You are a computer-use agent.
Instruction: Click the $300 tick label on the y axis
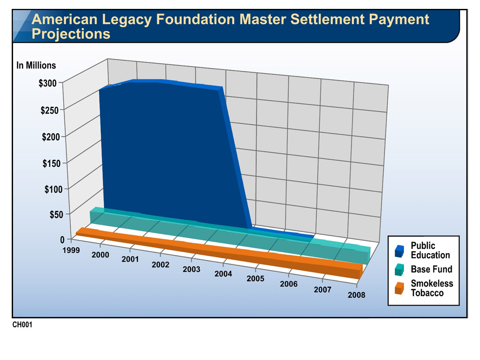pos(47,83)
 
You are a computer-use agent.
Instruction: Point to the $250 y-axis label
pos(49,110)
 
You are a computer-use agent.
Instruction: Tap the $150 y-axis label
pos(52,163)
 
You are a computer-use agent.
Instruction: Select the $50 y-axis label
pos(56,214)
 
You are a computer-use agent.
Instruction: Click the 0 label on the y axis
pos(62,240)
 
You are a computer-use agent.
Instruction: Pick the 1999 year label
pos(71,250)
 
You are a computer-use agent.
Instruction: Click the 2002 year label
pos(160,264)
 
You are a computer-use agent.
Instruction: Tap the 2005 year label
pos(255,278)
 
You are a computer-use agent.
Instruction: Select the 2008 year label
pos(356,295)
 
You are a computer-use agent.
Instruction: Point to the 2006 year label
pos(289,284)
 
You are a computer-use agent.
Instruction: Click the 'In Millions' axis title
pos(36,65)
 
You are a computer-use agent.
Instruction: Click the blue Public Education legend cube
pos(399,251)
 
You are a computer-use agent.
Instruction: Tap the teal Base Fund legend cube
pos(399,270)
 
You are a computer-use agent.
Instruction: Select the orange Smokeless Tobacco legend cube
pos(399,288)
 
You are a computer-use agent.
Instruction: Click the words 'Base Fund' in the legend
pos(431,269)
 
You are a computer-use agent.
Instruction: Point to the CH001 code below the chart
pos(22,324)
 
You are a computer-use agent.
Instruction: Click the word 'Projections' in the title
pos(71,34)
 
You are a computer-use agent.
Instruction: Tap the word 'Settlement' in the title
pos(327,19)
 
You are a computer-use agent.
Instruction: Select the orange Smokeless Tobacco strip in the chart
pos(219,253)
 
